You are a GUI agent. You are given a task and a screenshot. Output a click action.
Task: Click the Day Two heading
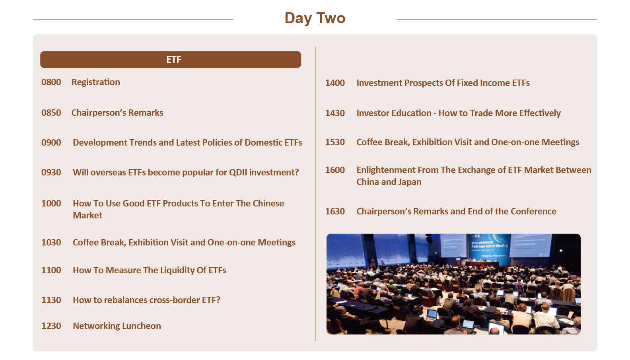pyautogui.click(x=315, y=18)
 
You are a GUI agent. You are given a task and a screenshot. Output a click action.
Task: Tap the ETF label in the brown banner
pyautogui.click(x=174, y=60)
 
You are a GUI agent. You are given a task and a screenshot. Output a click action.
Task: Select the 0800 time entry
pyautogui.click(x=51, y=82)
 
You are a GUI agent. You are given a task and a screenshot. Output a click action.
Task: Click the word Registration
pyautogui.click(x=95, y=82)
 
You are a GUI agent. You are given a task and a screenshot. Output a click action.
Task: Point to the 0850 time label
pyautogui.click(x=51, y=113)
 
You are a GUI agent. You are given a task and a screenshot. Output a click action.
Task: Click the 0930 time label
pyautogui.click(x=51, y=172)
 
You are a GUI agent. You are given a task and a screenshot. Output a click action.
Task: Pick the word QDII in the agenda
pyautogui.click(x=238, y=172)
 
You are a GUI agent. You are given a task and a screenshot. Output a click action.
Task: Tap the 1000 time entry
pyautogui.click(x=51, y=203)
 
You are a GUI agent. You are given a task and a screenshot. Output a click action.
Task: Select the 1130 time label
pyautogui.click(x=51, y=300)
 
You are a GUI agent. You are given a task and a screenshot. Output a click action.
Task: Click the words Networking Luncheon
pyautogui.click(x=117, y=326)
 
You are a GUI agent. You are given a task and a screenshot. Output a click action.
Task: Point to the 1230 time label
pyautogui.click(x=51, y=326)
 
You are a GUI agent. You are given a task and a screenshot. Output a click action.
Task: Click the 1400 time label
pyautogui.click(x=335, y=83)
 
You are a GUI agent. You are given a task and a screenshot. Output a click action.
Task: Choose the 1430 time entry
pyautogui.click(x=335, y=113)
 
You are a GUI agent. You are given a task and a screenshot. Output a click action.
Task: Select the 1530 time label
pyautogui.click(x=335, y=142)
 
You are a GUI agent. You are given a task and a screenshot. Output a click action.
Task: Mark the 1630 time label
pyautogui.click(x=335, y=212)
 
